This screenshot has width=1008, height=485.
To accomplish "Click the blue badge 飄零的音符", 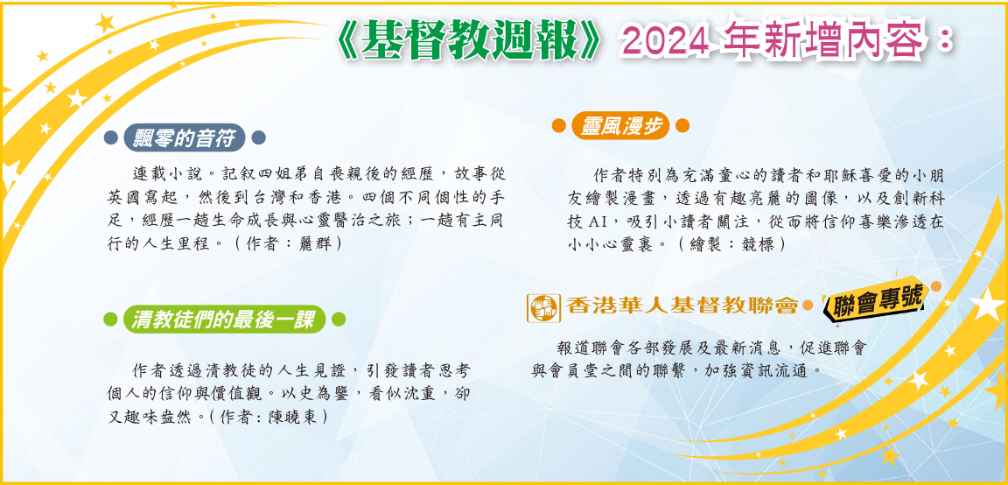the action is [x=185, y=137].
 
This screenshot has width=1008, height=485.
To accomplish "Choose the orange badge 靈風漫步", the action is [x=621, y=126].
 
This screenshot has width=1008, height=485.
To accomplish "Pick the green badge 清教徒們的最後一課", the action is [x=224, y=320].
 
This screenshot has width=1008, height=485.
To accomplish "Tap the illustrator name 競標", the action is [x=757, y=245].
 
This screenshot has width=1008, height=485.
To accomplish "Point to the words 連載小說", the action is [x=163, y=173].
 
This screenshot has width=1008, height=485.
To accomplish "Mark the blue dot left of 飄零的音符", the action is [x=110, y=137].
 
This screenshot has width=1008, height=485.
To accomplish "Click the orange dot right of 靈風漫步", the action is [x=682, y=126].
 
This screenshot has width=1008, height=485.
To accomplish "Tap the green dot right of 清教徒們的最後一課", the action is [x=339, y=320].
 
